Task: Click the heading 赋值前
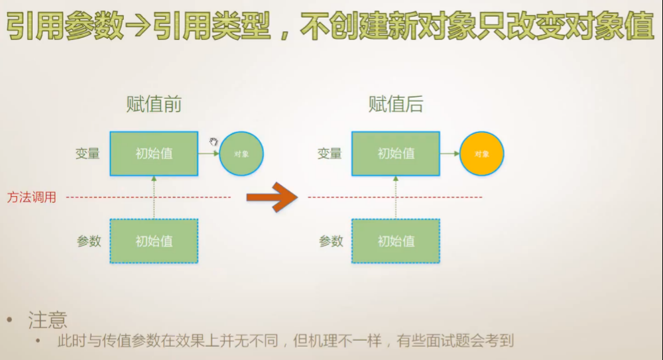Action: pos(154,104)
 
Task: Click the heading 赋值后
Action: pos(396,104)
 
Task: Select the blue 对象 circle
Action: pos(241,154)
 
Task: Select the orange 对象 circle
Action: pos(482,154)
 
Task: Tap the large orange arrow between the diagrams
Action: pos(272,197)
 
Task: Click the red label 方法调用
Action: pos(32,197)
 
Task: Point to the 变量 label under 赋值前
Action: pos(88,154)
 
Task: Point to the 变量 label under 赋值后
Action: pos(330,154)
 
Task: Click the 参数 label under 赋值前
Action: pos(89,241)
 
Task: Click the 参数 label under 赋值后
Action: pos(331,241)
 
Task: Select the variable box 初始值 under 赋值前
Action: pos(154,154)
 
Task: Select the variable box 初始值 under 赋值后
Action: pos(396,154)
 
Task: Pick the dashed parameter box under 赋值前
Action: pos(154,241)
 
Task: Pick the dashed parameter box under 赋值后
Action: pos(396,241)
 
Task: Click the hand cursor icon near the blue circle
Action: pos(213,142)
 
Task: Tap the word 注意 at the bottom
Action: pos(48,321)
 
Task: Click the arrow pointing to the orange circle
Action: pos(450,154)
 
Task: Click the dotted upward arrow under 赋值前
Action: pos(154,198)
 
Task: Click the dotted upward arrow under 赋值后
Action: pos(396,198)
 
